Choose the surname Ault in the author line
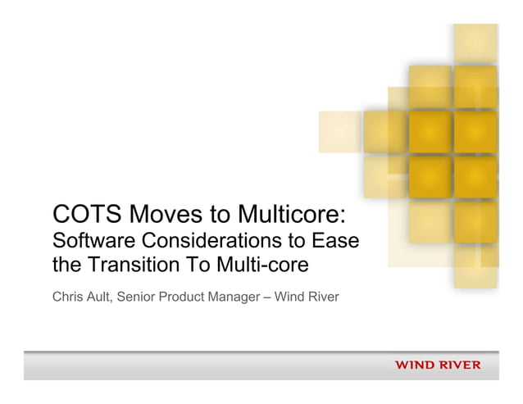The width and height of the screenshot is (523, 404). point(103,295)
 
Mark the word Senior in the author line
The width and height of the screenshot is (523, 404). point(140,295)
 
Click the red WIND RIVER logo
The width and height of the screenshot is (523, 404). point(438,365)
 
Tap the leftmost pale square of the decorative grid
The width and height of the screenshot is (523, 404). point(339,132)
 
